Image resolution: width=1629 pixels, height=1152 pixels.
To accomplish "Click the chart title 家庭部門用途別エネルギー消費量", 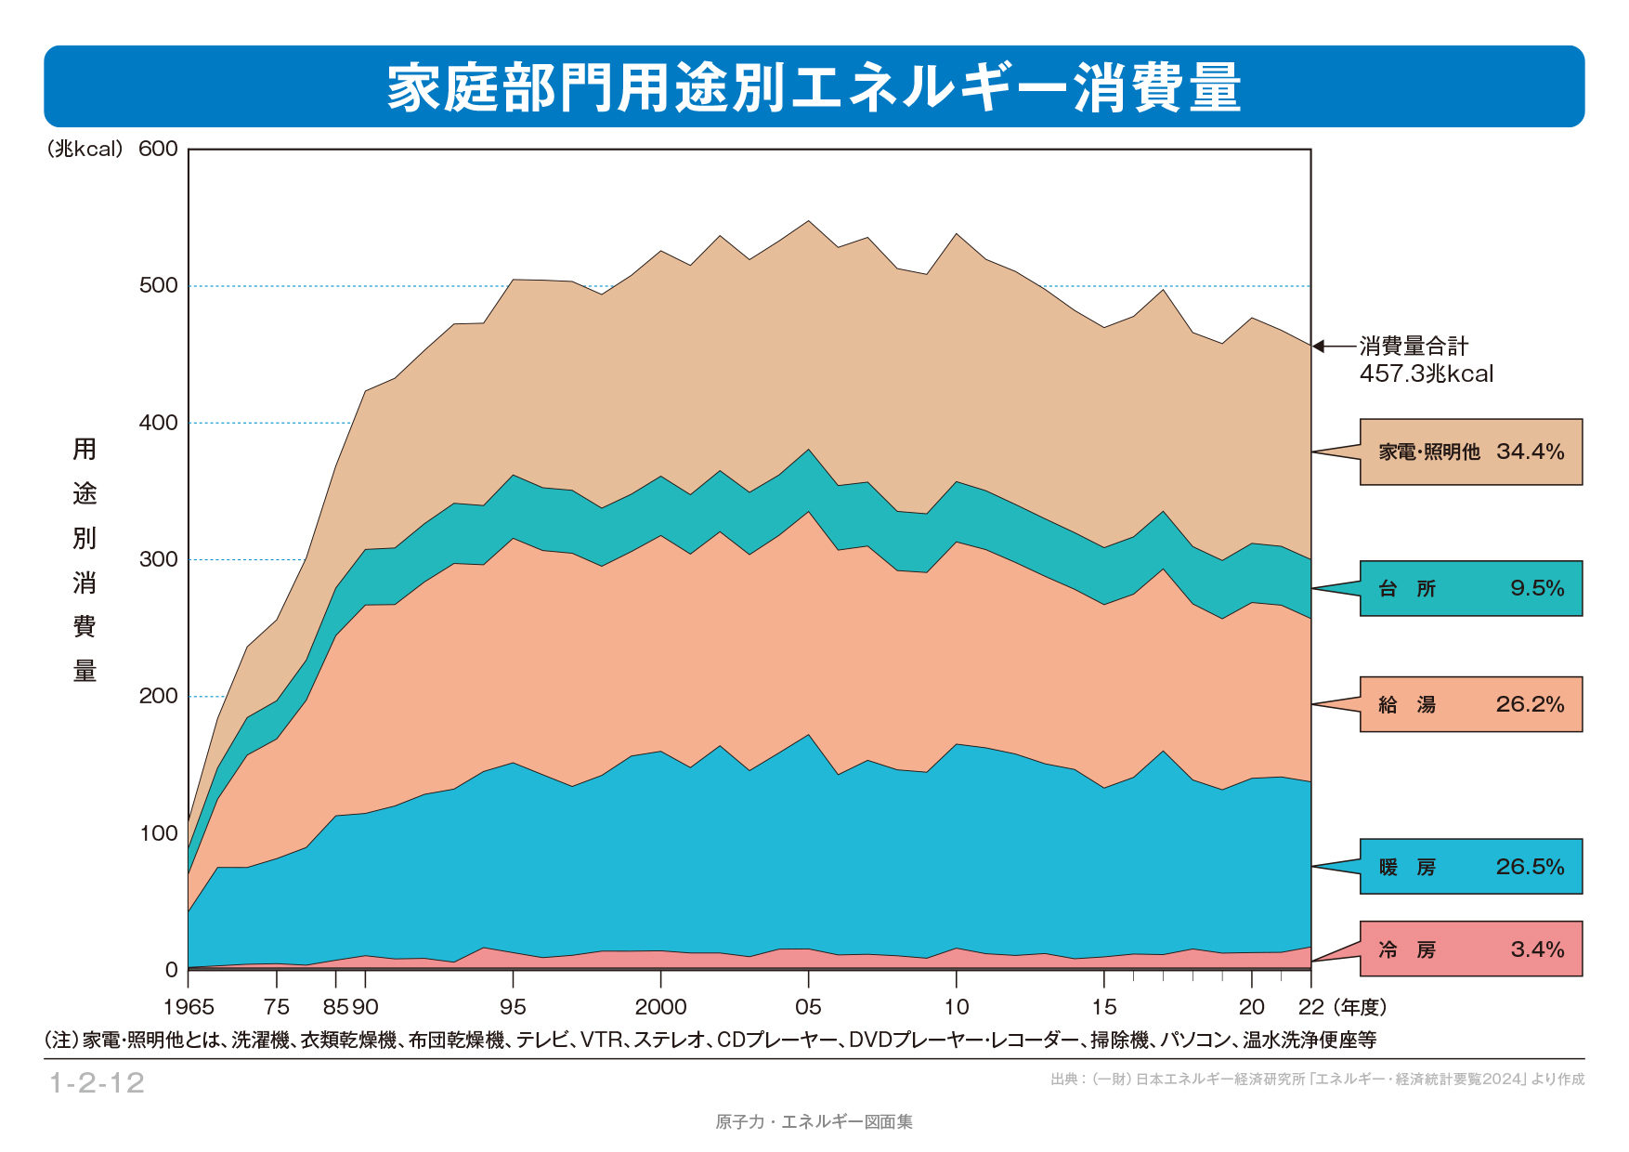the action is pyautogui.click(x=814, y=87).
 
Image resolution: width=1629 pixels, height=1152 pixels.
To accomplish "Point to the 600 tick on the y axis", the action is pyautogui.click(x=158, y=149).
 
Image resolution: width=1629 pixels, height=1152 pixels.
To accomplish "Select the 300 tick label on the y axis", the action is pyautogui.click(x=158, y=559).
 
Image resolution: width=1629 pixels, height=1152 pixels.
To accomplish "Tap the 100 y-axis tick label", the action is pyautogui.click(x=158, y=833).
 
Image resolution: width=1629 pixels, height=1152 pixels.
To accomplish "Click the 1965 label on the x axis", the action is pyautogui.click(x=189, y=1007).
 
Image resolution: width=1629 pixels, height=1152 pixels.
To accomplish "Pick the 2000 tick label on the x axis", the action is pyautogui.click(x=660, y=1007).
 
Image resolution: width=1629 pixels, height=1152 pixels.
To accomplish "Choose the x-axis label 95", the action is pyautogui.click(x=513, y=1007).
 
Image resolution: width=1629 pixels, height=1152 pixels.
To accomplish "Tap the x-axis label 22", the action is pyautogui.click(x=1311, y=1007).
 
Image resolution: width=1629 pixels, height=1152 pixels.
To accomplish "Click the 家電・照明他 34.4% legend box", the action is pyautogui.click(x=1471, y=452).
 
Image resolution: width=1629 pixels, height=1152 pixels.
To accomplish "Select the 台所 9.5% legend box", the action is pyautogui.click(x=1471, y=588).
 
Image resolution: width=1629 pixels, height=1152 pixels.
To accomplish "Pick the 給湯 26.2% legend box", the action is pyautogui.click(x=1471, y=704).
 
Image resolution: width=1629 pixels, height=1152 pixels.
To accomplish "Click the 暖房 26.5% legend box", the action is pyautogui.click(x=1471, y=867).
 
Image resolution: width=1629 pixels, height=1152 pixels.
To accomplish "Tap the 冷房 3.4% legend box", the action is pyautogui.click(x=1471, y=949).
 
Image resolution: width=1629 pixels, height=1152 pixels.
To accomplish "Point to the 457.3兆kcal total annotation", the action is pyautogui.click(x=1427, y=373).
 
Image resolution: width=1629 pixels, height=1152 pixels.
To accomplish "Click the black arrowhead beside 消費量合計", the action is pyautogui.click(x=1318, y=347).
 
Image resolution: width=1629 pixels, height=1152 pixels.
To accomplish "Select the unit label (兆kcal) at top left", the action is pyautogui.click(x=85, y=149).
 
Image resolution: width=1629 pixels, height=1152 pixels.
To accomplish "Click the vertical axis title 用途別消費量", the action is pyautogui.click(x=85, y=559).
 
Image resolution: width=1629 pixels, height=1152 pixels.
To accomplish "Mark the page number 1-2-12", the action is pyautogui.click(x=97, y=1082).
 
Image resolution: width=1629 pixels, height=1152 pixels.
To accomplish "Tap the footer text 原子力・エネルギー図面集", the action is pyautogui.click(x=814, y=1121).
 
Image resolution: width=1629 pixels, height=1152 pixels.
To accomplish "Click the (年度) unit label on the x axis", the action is pyautogui.click(x=1360, y=1007).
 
